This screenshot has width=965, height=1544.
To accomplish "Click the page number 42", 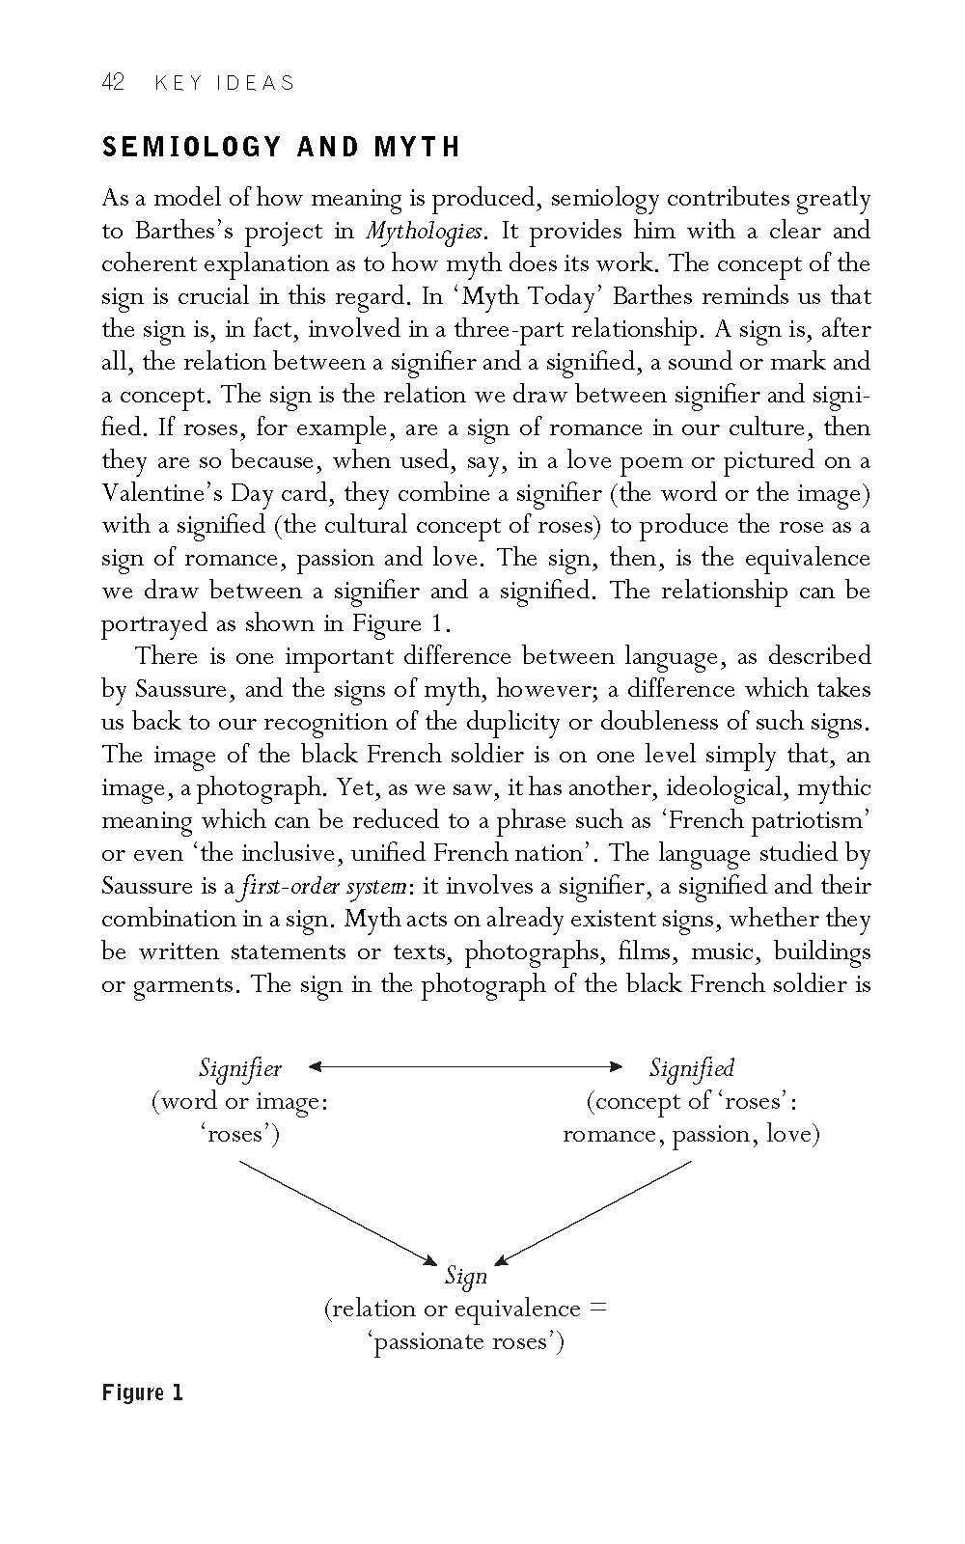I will [113, 83].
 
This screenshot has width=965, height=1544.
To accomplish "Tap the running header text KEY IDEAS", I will [224, 83].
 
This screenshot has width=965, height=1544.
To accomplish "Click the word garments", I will [180, 985].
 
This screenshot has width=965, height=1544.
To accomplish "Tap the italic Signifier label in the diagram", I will [240, 1068].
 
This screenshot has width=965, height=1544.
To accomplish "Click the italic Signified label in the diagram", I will [691, 1068].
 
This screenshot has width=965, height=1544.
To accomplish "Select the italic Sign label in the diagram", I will [466, 1277].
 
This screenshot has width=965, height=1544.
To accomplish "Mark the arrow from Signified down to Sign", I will [594, 1212].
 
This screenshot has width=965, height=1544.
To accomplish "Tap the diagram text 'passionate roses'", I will [466, 1342].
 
